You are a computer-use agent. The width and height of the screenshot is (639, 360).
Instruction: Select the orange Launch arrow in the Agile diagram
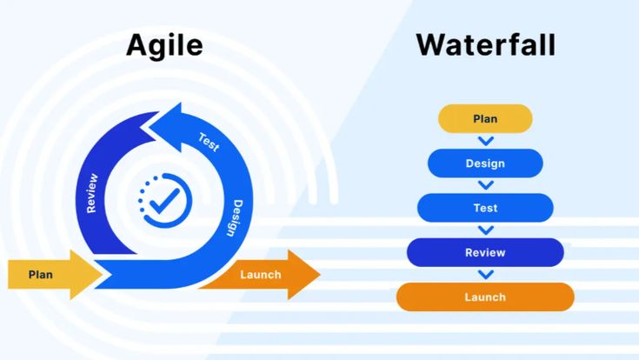(x=261, y=275)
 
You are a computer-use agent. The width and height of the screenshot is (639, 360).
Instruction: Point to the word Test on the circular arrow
(x=209, y=140)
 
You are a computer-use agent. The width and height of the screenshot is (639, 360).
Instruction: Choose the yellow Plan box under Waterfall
(x=485, y=118)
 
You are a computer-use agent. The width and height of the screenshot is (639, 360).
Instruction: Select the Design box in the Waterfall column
(x=485, y=163)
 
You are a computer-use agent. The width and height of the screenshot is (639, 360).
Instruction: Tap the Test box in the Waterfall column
(x=485, y=208)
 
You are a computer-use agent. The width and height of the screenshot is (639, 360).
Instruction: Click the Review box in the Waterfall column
(x=485, y=252)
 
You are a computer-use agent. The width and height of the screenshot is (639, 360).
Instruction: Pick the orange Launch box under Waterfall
(x=485, y=297)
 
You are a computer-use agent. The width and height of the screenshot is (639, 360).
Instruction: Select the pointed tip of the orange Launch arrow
(x=319, y=275)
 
